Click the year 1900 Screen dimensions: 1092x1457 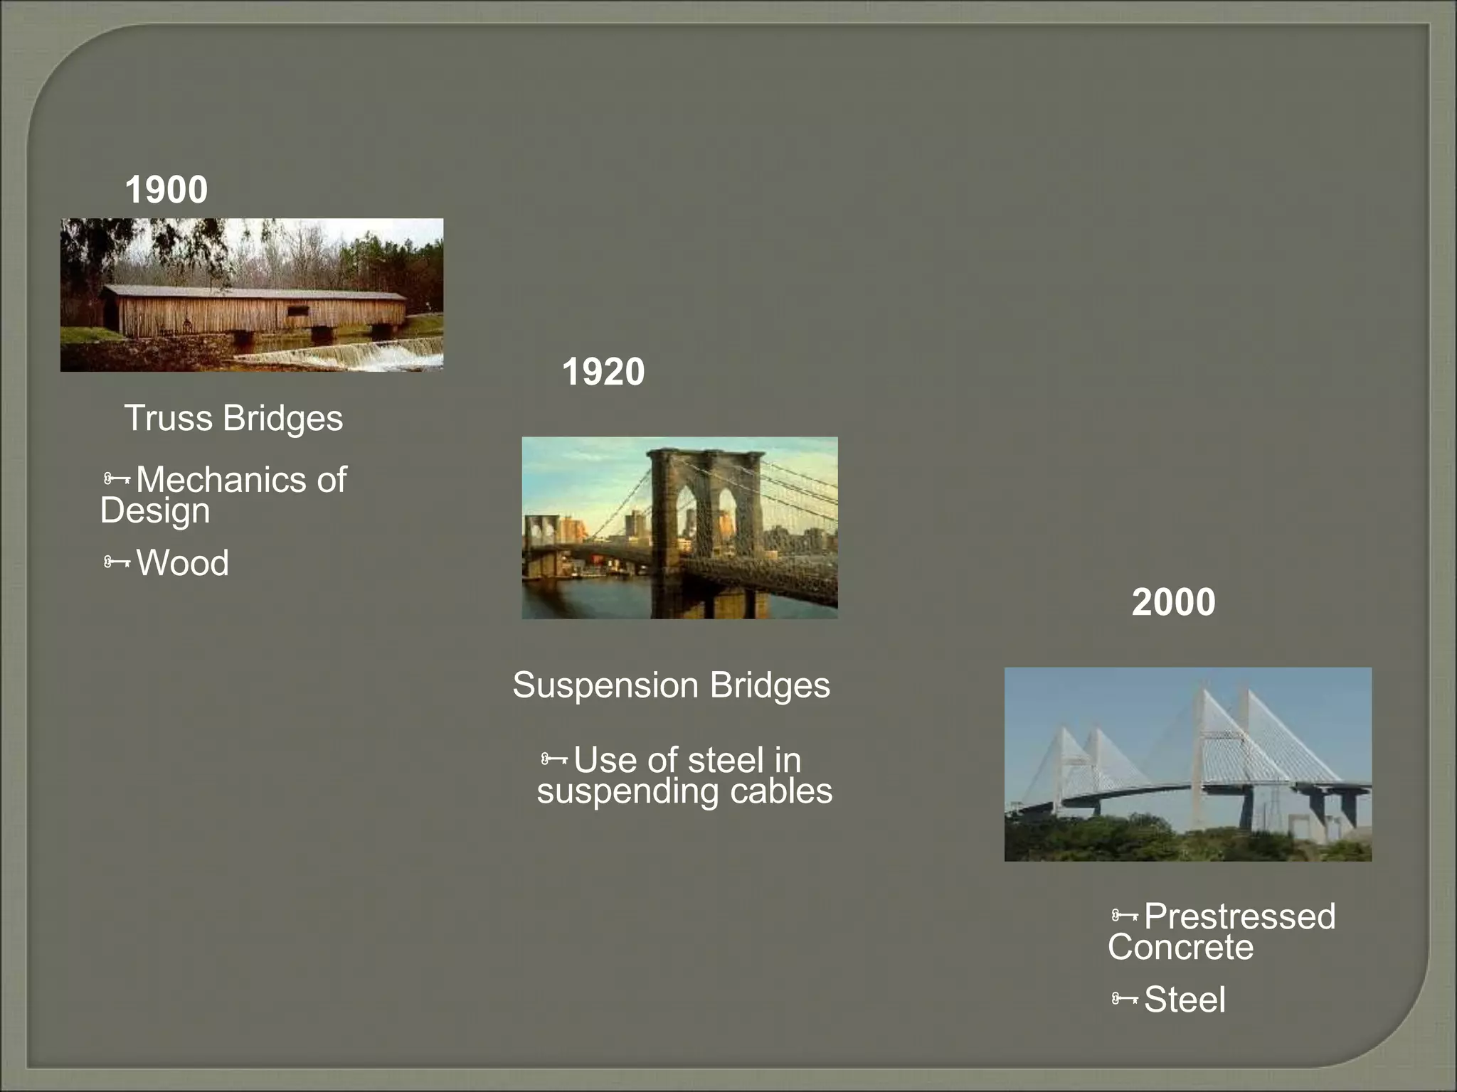[x=166, y=190]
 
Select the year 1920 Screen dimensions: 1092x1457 [x=603, y=372]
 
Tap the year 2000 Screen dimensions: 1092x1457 [x=1173, y=602]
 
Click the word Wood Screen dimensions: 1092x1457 [x=182, y=563]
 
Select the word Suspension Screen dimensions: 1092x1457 [x=605, y=685]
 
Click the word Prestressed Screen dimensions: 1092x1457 [x=1239, y=916]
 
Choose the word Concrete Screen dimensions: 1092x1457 [x=1180, y=948]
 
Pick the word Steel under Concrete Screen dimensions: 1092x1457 [x=1185, y=1000]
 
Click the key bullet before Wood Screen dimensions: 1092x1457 [x=117, y=563]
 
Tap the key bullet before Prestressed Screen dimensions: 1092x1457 [x=1125, y=916]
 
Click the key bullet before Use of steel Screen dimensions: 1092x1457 [x=554, y=760]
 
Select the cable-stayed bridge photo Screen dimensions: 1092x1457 [x=1187, y=764]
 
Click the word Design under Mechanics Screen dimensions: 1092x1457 [x=155, y=511]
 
